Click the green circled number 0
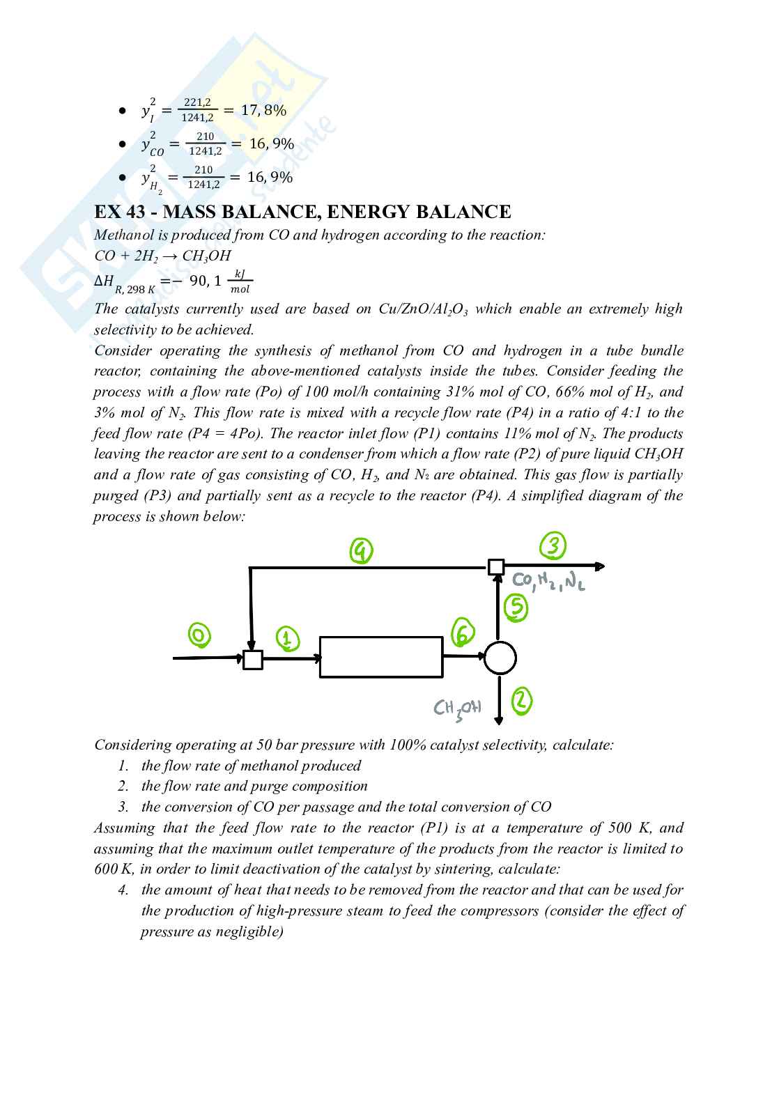[199, 635]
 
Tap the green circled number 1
[287, 637]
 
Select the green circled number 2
[522, 701]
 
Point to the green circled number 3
[553, 546]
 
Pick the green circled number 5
[516, 607]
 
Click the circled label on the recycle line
[361, 551]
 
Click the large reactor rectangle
[381, 657]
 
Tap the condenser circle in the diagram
[500, 658]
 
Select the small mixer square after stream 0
[253, 659]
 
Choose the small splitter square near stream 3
[495, 567]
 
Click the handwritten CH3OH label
[457, 709]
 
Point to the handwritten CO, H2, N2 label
[548, 581]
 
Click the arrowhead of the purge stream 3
[600, 567]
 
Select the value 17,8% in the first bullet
[263, 110]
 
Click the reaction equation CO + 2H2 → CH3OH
[162, 256]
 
